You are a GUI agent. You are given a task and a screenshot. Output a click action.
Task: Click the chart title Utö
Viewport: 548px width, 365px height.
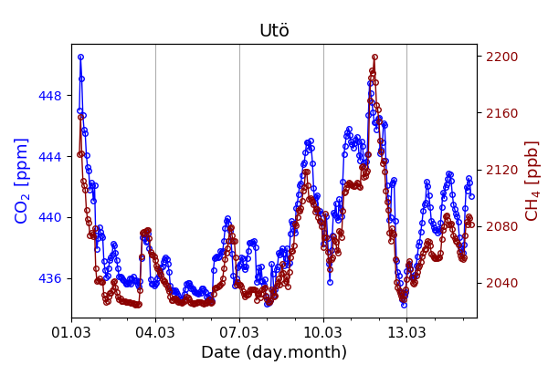[274, 31]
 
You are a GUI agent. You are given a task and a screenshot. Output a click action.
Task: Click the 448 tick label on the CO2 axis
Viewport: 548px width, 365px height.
[50, 96]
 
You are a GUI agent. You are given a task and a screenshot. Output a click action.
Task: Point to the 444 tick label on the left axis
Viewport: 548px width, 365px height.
[50, 157]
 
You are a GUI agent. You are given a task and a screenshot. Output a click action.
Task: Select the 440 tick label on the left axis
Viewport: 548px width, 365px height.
[50, 217]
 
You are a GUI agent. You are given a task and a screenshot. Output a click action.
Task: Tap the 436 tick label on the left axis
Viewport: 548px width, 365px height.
[50, 278]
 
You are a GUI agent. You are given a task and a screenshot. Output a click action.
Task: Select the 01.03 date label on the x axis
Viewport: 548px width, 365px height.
[71, 330]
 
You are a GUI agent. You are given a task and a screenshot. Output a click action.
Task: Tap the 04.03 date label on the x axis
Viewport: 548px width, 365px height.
[155, 330]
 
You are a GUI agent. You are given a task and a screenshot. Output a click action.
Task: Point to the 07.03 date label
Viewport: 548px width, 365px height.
[239, 330]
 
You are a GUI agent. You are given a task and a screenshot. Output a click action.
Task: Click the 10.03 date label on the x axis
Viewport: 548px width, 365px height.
[323, 330]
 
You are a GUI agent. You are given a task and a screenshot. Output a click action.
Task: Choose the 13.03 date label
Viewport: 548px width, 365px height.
[406, 330]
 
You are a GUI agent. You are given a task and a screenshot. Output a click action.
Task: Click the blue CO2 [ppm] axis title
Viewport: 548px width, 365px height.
[22, 181]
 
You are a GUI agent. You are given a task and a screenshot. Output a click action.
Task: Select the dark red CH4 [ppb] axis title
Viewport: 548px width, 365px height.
[532, 181]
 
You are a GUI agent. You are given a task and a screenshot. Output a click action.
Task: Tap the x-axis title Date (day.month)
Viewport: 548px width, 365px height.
[274, 352]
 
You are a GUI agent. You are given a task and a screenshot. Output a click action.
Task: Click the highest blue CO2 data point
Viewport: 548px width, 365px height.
[80, 57]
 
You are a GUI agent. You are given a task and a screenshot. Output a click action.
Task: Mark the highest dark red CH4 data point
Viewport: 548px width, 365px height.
[374, 57]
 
